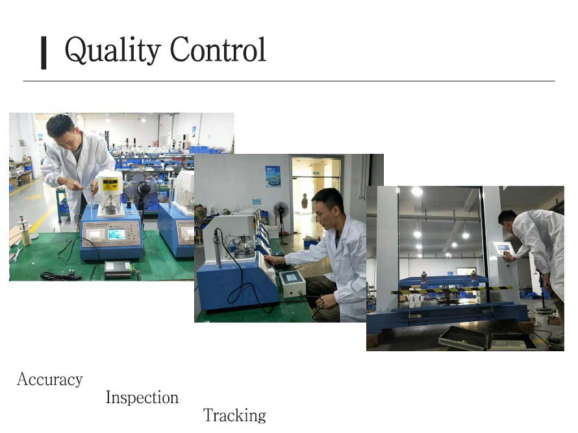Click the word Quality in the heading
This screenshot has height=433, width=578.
(112, 50)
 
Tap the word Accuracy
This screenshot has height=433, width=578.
(50, 380)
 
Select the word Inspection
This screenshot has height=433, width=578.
(142, 398)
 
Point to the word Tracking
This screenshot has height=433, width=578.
(234, 415)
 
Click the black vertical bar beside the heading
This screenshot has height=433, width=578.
(44, 53)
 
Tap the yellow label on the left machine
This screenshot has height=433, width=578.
(110, 183)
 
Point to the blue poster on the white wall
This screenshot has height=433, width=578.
(272, 176)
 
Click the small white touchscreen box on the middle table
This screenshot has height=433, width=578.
(292, 284)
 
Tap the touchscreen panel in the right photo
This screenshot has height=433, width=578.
(504, 248)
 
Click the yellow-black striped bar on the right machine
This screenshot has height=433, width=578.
(451, 290)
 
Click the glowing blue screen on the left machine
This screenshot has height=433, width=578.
(116, 234)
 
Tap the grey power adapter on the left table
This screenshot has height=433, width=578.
(118, 269)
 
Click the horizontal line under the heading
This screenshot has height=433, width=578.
(289, 80)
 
